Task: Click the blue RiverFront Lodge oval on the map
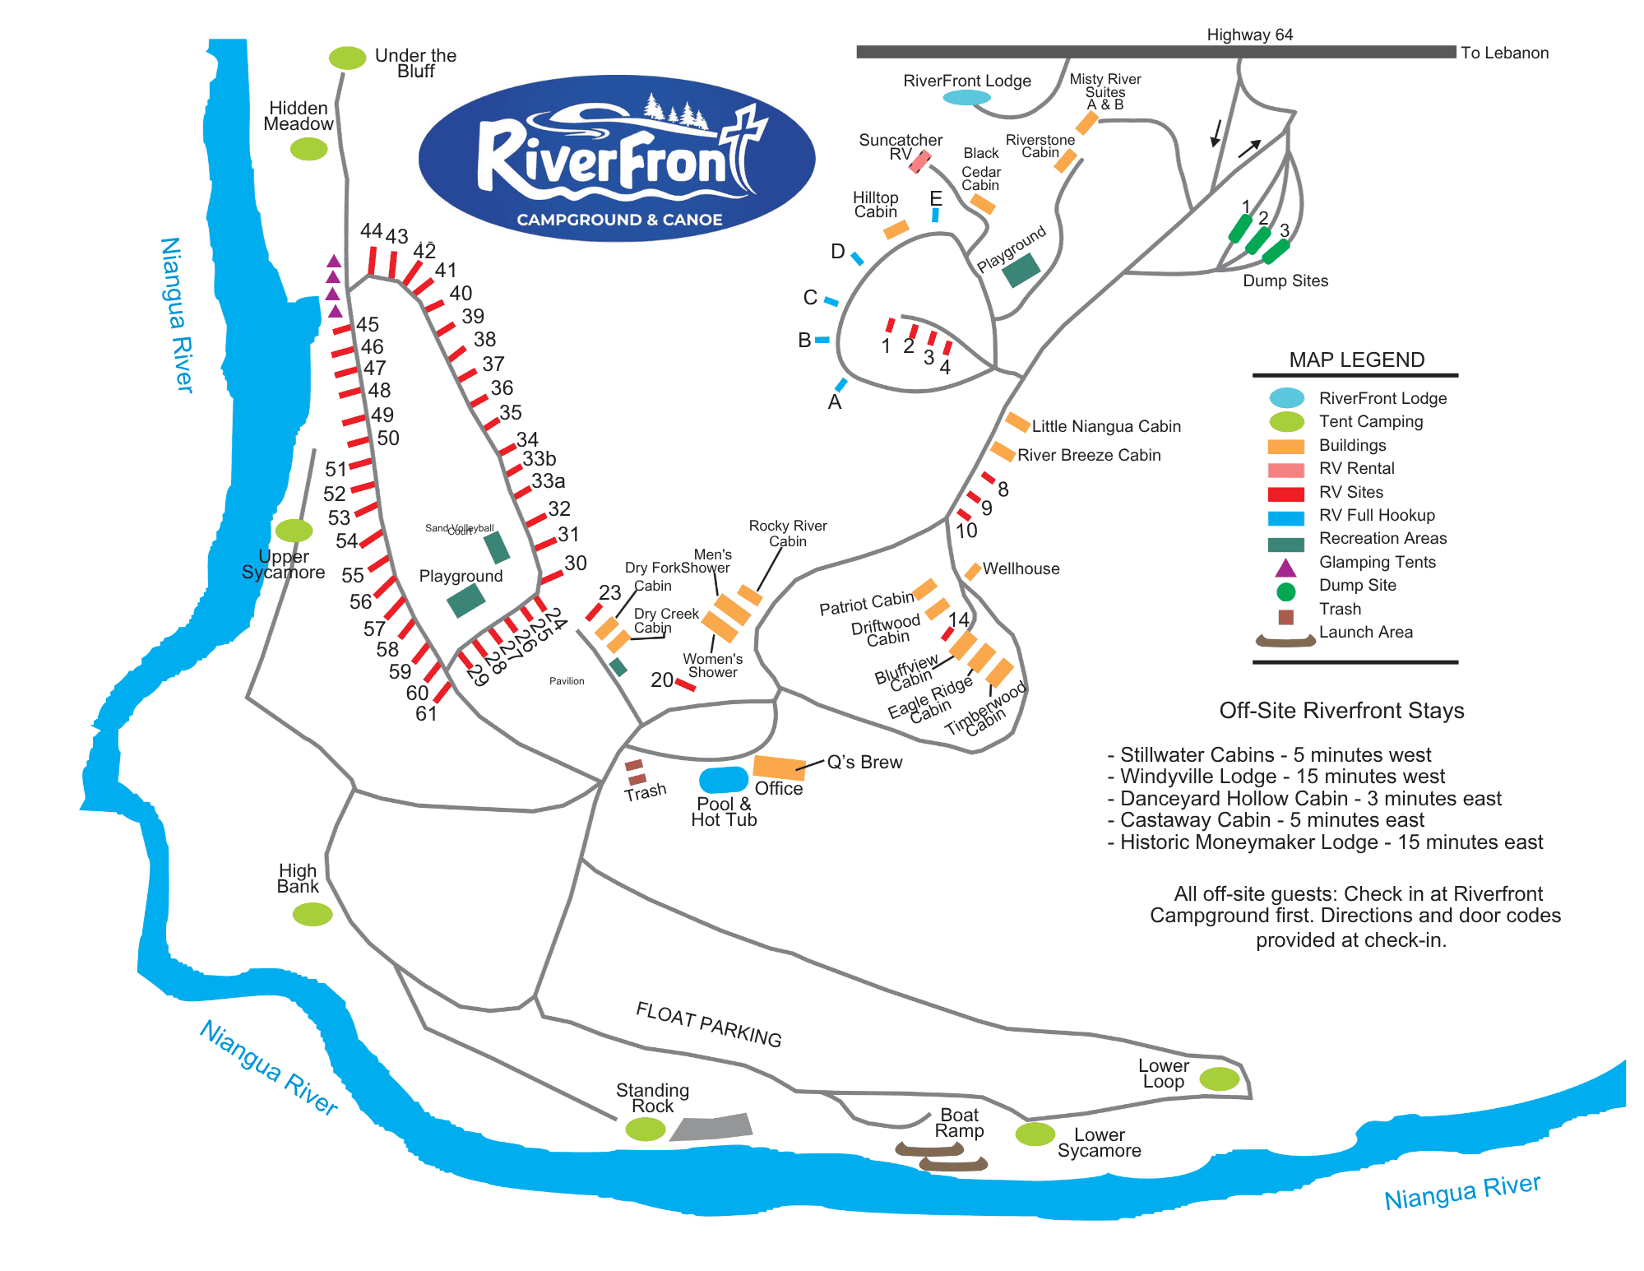click(x=966, y=97)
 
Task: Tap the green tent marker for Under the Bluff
click(x=347, y=58)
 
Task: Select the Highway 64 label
click(x=1249, y=35)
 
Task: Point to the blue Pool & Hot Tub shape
click(x=724, y=779)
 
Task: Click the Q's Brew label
click(x=864, y=762)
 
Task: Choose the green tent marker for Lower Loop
click(x=1219, y=1078)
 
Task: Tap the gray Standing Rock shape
click(x=712, y=1127)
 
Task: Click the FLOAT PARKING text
click(x=708, y=1024)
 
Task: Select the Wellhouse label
click(x=1021, y=568)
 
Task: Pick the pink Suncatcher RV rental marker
click(x=920, y=161)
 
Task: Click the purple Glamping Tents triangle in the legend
click(x=1285, y=568)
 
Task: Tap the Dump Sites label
click(x=1285, y=281)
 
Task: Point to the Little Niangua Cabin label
click(x=1106, y=426)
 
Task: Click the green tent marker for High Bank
click(x=313, y=914)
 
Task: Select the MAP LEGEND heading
click(x=1356, y=359)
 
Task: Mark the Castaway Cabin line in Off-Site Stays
click(x=1271, y=820)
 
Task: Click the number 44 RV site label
click(x=371, y=231)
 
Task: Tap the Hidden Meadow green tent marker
click(x=308, y=149)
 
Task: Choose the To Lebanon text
click(x=1504, y=53)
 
